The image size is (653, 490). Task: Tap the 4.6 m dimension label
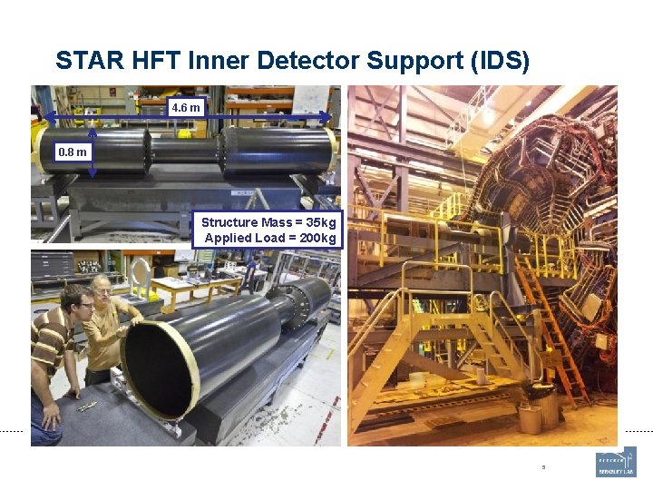tap(186, 108)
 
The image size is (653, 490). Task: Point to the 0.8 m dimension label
tap(73, 152)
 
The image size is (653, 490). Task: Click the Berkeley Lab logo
tap(616, 462)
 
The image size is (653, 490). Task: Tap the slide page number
tap(543, 468)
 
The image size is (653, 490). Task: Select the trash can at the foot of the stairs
tap(530, 418)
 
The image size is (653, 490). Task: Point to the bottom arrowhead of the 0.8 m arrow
tap(93, 173)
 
